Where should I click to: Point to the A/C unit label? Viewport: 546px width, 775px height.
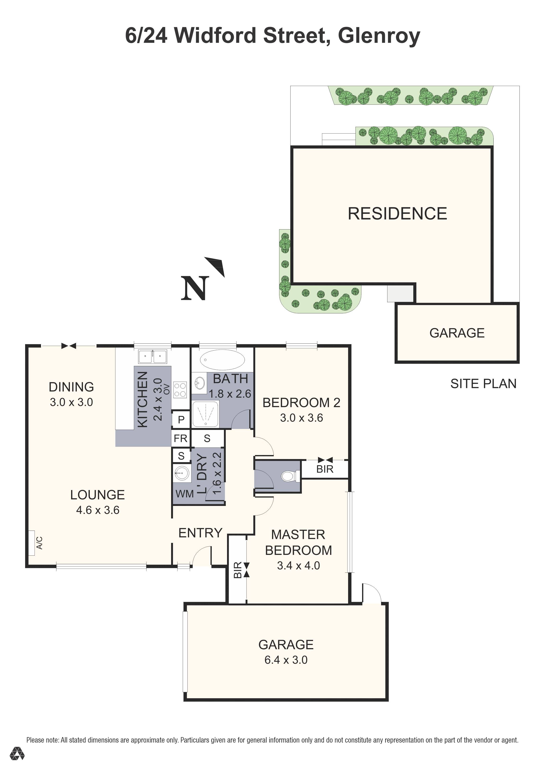point(39,543)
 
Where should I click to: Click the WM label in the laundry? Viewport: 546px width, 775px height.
point(184,494)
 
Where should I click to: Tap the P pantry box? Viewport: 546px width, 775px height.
point(181,419)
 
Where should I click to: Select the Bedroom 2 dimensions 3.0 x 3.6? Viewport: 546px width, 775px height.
point(301,418)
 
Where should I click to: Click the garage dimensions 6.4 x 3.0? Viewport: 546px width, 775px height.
point(286,660)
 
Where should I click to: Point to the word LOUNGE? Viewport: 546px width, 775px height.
point(98,495)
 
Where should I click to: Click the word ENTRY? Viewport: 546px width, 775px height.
point(200,533)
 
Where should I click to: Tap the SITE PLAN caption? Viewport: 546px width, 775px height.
point(483,383)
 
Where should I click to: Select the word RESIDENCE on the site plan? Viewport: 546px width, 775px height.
point(397,214)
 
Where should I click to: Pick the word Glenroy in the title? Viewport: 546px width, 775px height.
point(379,36)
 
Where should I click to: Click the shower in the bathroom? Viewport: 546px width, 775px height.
point(205,414)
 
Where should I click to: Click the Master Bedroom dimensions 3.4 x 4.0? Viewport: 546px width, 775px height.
point(299,565)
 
